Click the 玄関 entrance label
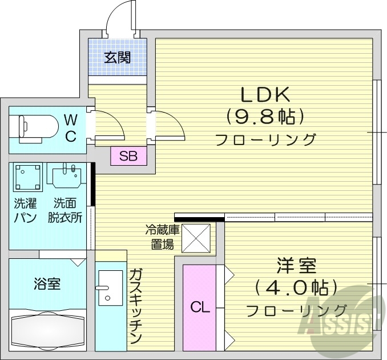[118, 57]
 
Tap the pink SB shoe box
[128, 156]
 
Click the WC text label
[70, 128]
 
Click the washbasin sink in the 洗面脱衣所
[68, 178]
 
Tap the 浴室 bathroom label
[47, 283]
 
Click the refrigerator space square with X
[196, 238]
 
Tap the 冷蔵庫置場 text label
[162, 238]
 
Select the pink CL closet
[200, 307]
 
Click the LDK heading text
[265, 93]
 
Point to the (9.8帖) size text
[265, 117]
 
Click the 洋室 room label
[296, 266]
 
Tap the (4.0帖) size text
[296, 287]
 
